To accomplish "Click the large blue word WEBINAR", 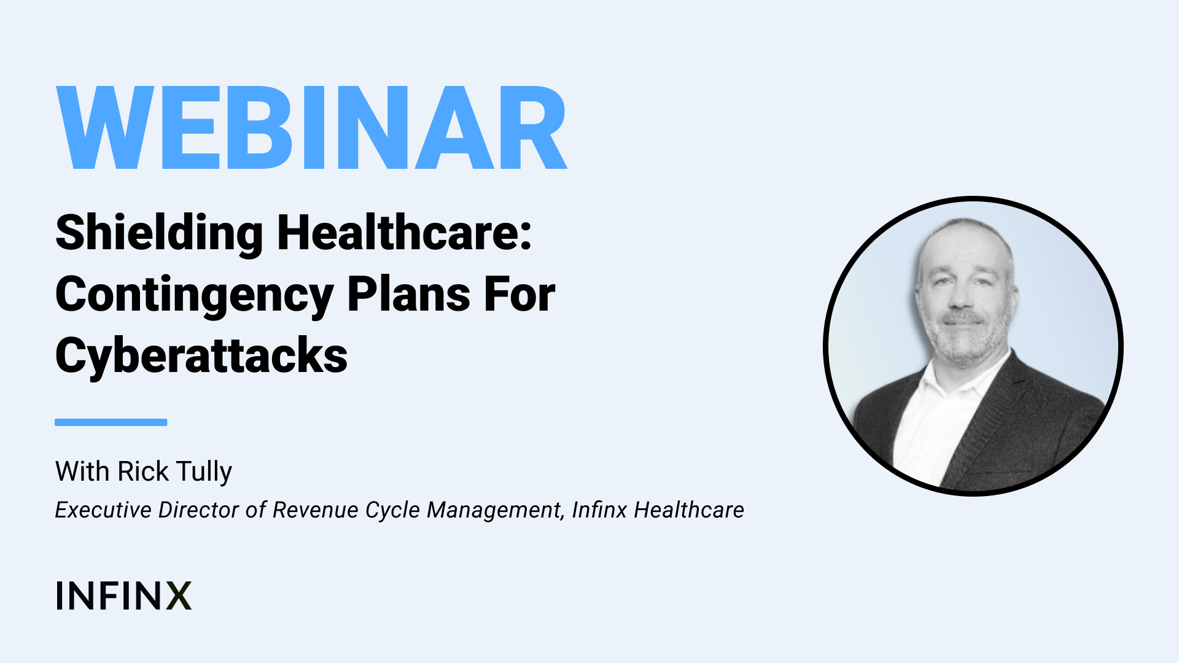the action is [311, 128].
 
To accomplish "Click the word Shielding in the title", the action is [159, 234].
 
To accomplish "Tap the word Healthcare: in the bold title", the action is [405, 233].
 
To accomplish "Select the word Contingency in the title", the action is [194, 296].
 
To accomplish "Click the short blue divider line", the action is [111, 422].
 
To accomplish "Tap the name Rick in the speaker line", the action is [143, 471].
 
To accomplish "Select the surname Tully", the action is [204, 472].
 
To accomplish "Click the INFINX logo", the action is [123, 595].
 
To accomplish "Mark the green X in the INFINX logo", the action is [179, 595].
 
